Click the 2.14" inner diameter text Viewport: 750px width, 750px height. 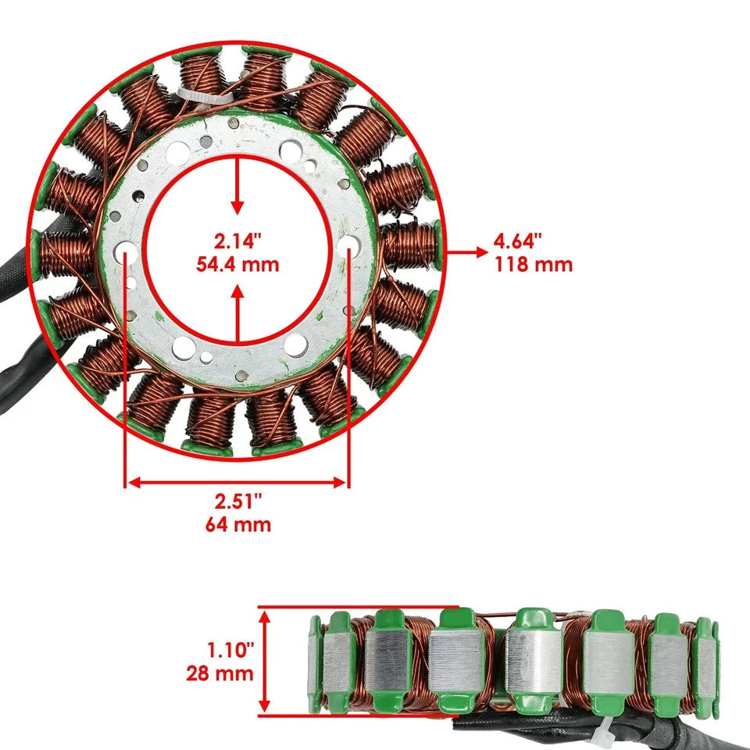click(237, 240)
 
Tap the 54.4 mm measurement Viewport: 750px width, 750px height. click(237, 264)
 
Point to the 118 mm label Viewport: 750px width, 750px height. click(533, 264)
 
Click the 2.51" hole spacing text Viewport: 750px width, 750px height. click(237, 501)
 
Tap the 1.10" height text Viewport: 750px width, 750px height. click(220, 648)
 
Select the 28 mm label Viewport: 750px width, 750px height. click(220, 673)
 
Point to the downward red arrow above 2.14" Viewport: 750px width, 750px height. click(237, 184)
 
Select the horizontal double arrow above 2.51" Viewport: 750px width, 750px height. click(237, 483)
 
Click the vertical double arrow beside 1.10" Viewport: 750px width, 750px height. click(266, 660)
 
